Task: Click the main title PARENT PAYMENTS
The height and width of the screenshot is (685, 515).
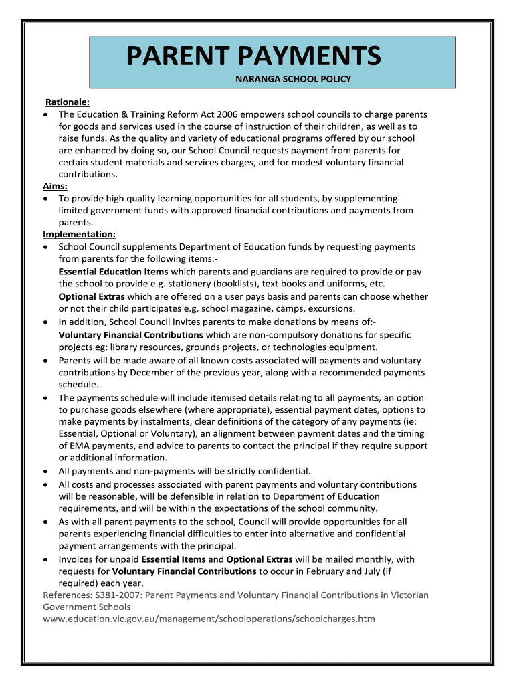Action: tap(254, 56)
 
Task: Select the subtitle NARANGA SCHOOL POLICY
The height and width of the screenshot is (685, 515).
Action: tap(292, 79)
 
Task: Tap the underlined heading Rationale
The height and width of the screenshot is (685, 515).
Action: tap(67, 102)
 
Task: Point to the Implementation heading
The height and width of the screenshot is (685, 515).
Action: tap(79, 235)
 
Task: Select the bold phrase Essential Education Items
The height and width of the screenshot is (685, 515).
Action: tap(113, 272)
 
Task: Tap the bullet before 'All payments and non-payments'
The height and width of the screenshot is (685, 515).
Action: tap(45, 471)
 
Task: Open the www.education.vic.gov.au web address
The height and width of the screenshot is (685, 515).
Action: tap(209, 619)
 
